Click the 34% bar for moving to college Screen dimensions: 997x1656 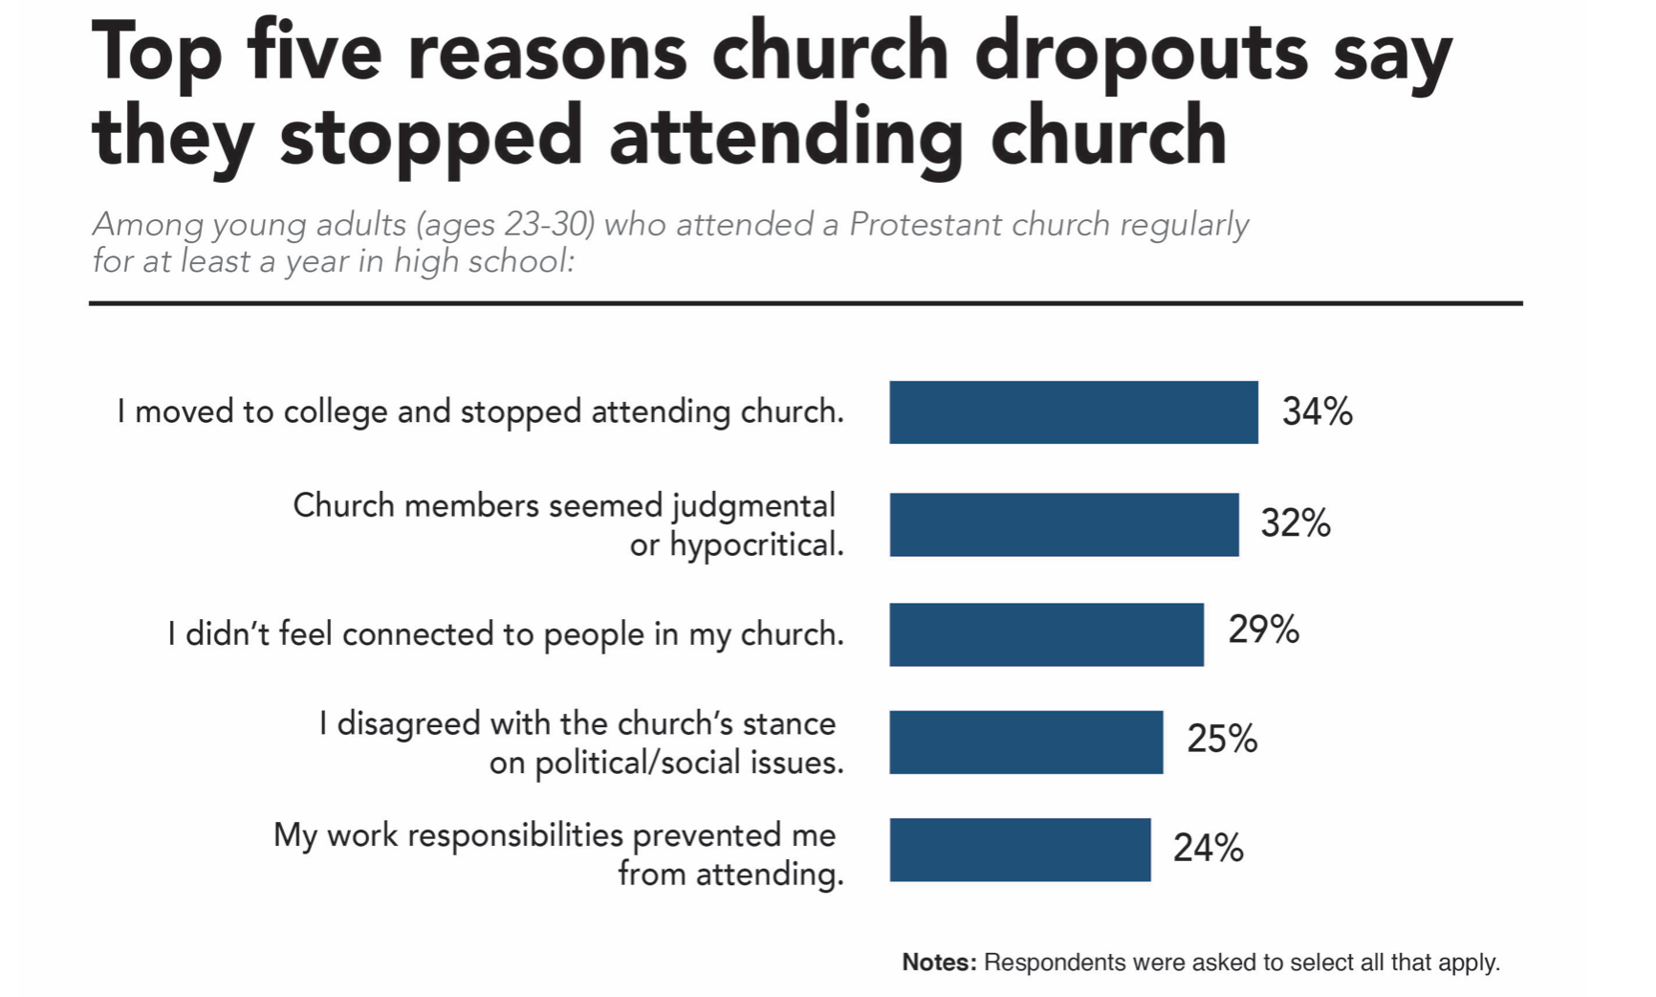pos(1073,412)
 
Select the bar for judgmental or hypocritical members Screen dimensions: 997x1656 pos(1063,524)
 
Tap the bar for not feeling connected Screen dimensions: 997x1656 pos(1046,634)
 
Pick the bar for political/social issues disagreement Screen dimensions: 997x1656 pos(1026,742)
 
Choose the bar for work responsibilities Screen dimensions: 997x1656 pos(1019,850)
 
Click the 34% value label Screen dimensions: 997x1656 pos(1317,412)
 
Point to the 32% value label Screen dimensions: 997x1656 pos(1295,523)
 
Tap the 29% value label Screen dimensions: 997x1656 pos(1263,630)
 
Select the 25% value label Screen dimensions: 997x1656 pos(1222,739)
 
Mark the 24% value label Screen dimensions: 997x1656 pos(1208,848)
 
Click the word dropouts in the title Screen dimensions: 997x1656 pos(1141,54)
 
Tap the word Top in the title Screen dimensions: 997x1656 pos(156,54)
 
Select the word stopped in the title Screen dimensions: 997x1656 pos(430,137)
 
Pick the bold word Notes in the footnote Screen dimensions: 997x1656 pos(939,963)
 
